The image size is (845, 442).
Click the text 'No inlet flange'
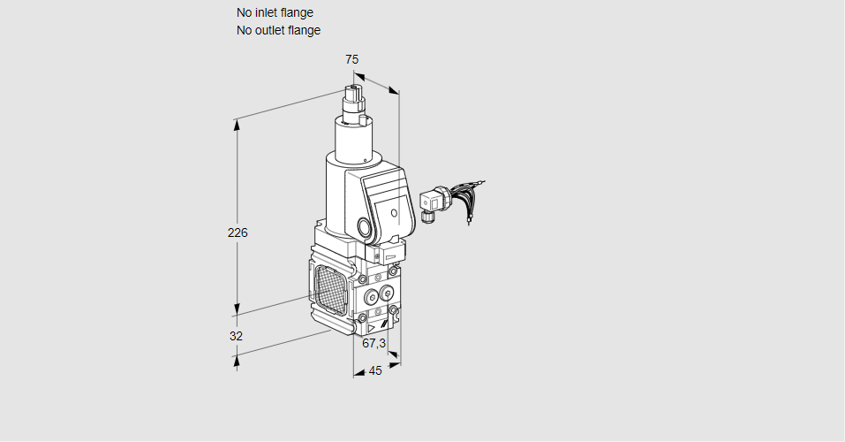[x=275, y=12]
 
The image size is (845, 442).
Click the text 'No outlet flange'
[x=279, y=30]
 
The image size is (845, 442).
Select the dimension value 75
[x=352, y=59]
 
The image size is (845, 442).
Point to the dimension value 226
[x=238, y=232]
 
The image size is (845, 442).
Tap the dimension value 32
[x=236, y=336]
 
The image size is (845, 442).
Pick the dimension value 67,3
[x=374, y=343]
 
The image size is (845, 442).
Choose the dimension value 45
[x=375, y=370]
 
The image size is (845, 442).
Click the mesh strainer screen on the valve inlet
[x=331, y=290]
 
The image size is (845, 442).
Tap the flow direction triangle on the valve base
[x=372, y=328]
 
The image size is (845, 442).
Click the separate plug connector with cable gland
[x=434, y=203]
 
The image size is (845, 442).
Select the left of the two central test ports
[x=372, y=297]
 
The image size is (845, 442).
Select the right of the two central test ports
[x=386, y=293]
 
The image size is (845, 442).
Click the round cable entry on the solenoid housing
[x=365, y=227]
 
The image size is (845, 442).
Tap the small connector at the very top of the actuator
[x=354, y=94]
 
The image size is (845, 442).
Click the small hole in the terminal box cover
[x=394, y=213]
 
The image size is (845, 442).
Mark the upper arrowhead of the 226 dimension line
[x=237, y=126]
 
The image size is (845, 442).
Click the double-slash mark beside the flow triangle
[x=384, y=324]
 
